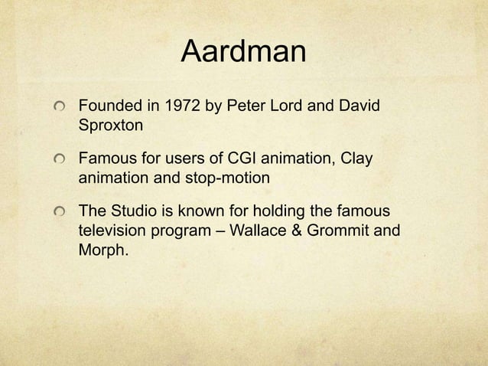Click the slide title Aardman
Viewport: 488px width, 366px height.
coord(243,51)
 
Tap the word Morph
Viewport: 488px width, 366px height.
coord(99,250)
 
